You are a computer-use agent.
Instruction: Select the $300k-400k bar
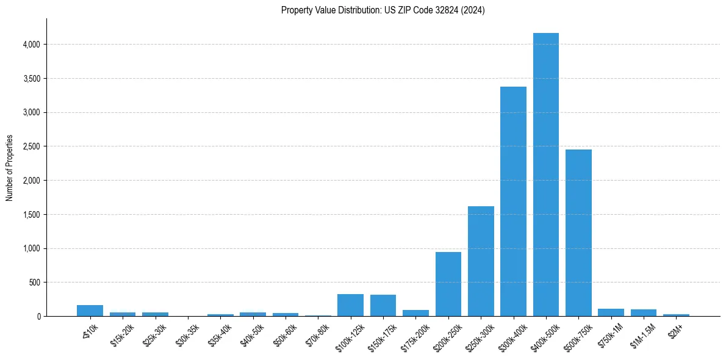(513, 201)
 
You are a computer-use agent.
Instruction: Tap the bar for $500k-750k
(578, 232)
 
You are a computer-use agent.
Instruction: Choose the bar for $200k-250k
(448, 284)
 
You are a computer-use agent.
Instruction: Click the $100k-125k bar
(350, 305)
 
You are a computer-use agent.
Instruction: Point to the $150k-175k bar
(383, 305)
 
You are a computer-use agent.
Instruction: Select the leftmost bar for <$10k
(90, 311)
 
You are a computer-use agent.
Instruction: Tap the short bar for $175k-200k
(415, 313)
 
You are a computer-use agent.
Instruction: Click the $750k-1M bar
(611, 312)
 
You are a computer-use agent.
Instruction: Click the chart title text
(383, 10)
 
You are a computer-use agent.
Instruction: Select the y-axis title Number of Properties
(10, 168)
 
